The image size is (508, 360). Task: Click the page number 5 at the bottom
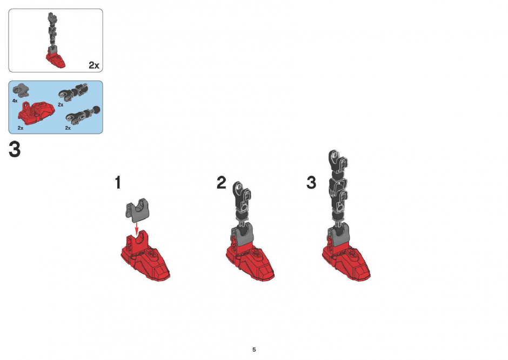pos(254,350)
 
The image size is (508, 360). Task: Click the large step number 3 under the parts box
pos(15,150)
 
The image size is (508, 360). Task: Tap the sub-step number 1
pos(118,182)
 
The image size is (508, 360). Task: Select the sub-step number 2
pos(221,182)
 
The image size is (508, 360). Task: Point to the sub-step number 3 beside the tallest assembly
pos(311,182)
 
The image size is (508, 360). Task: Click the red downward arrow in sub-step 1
pos(137,228)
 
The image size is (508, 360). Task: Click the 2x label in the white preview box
pos(94,65)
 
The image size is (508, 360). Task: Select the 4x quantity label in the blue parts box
pos(15,101)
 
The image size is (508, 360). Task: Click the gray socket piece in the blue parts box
pos(21,90)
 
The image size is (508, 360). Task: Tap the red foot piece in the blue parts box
pos(36,114)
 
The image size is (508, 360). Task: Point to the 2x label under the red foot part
pos(21,128)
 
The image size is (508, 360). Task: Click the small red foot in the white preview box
pos(56,61)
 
